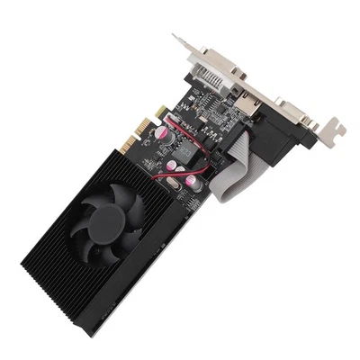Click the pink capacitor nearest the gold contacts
(159, 132)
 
